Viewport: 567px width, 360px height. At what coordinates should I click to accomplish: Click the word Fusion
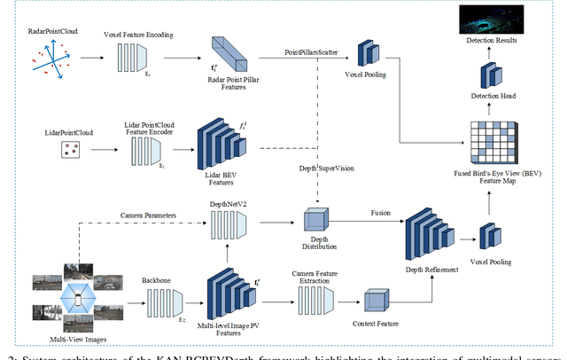(x=378, y=212)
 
